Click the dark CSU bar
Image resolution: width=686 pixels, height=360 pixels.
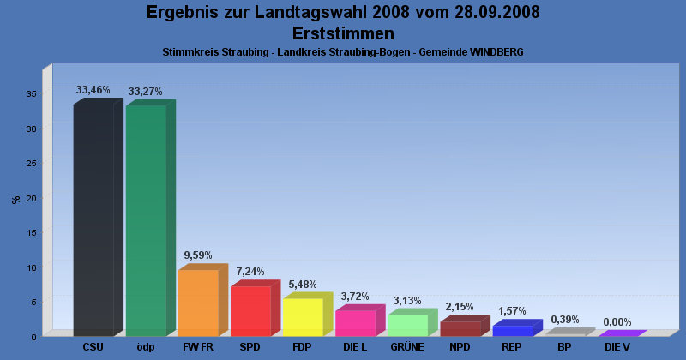point(93,220)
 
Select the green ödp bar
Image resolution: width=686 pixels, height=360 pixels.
point(146,220)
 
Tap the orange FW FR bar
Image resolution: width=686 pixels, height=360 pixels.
point(198,303)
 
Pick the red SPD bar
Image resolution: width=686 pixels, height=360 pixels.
point(250,310)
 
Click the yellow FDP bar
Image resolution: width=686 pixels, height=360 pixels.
point(303,317)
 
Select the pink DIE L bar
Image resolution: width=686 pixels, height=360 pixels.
point(355,323)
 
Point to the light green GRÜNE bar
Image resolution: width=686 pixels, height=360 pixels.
point(407,325)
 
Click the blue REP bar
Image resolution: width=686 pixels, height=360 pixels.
point(513,330)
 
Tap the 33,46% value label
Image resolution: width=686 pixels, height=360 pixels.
point(93,89)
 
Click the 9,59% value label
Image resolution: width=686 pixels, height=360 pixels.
point(198,255)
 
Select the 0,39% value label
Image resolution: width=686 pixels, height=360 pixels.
point(565,320)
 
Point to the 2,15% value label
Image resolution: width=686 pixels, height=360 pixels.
point(460,307)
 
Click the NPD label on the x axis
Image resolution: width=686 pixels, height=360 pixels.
point(460,347)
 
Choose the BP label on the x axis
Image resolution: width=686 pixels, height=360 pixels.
point(564,347)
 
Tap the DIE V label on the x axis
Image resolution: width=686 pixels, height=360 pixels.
point(617,347)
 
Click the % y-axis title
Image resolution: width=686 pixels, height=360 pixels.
point(16,200)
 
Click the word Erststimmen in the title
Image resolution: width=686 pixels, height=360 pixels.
point(343,33)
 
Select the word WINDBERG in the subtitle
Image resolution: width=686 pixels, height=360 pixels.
point(496,52)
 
